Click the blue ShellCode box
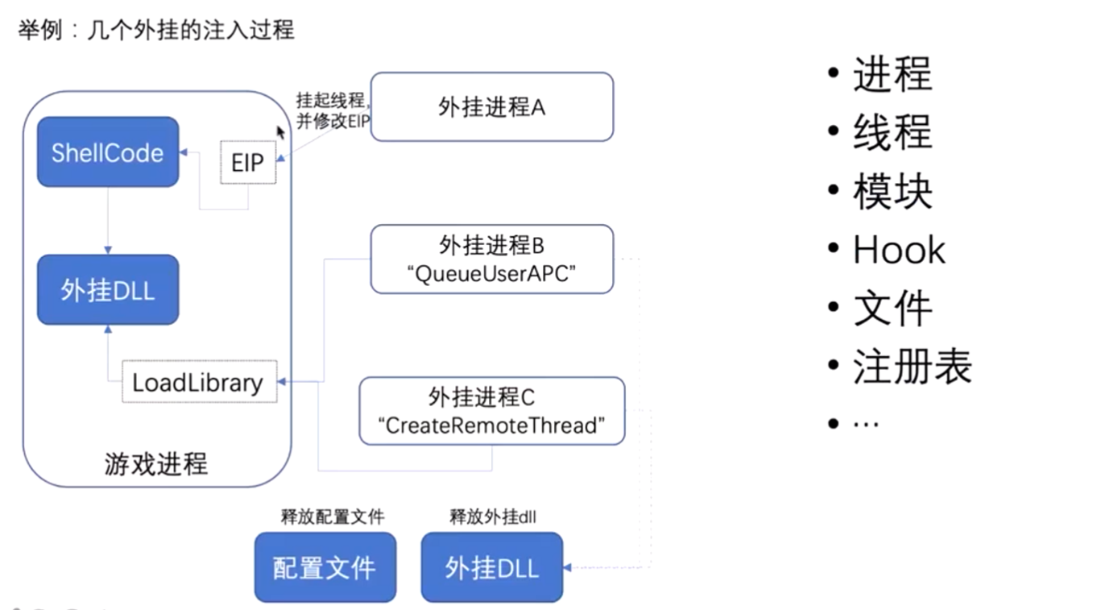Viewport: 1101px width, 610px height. pos(108,152)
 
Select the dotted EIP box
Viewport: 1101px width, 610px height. pos(248,163)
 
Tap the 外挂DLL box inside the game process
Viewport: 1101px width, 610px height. pos(108,290)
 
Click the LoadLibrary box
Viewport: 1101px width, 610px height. pos(199,383)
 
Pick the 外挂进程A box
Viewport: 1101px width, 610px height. pos(491,107)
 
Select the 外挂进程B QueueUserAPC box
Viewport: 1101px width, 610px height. pos(491,259)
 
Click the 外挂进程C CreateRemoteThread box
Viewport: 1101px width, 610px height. pos(491,411)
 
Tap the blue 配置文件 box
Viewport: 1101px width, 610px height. pos(325,567)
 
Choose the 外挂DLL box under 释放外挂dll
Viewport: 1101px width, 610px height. pos(491,567)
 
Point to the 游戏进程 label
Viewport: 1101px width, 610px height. pos(156,464)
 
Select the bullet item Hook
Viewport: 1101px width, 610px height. pos(899,251)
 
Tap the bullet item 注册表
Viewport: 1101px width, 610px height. pos(912,367)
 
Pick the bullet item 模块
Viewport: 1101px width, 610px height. pos(892,192)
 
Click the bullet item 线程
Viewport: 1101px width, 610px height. pos(892,133)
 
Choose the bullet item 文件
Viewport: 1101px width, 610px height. pos(892,309)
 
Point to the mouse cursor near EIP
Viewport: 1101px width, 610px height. pos(281,132)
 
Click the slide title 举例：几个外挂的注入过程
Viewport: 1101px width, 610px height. pos(156,31)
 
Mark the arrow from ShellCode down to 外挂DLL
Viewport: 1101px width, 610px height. pos(107,221)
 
